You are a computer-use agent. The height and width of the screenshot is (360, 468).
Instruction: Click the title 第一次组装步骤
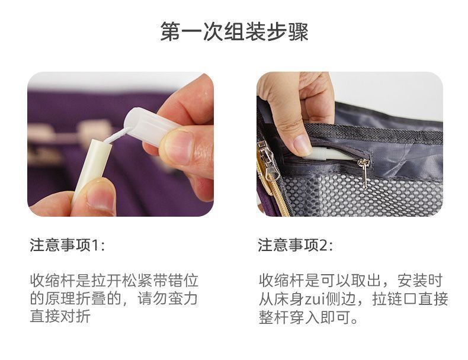(x=235, y=31)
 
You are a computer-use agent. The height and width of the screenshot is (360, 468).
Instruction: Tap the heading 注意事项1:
(x=68, y=245)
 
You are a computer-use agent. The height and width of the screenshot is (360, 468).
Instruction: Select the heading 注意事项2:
(x=296, y=245)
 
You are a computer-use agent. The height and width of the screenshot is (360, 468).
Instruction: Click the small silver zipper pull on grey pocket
(x=364, y=173)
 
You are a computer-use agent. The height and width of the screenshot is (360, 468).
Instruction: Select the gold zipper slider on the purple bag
(x=266, y=161)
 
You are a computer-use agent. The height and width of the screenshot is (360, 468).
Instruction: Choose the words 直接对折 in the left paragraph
(x=60, y=316)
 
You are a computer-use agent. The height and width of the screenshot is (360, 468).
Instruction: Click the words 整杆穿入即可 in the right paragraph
(x=304, y=317)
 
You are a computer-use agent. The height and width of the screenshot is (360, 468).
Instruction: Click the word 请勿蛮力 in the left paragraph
(x=168, y=298)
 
